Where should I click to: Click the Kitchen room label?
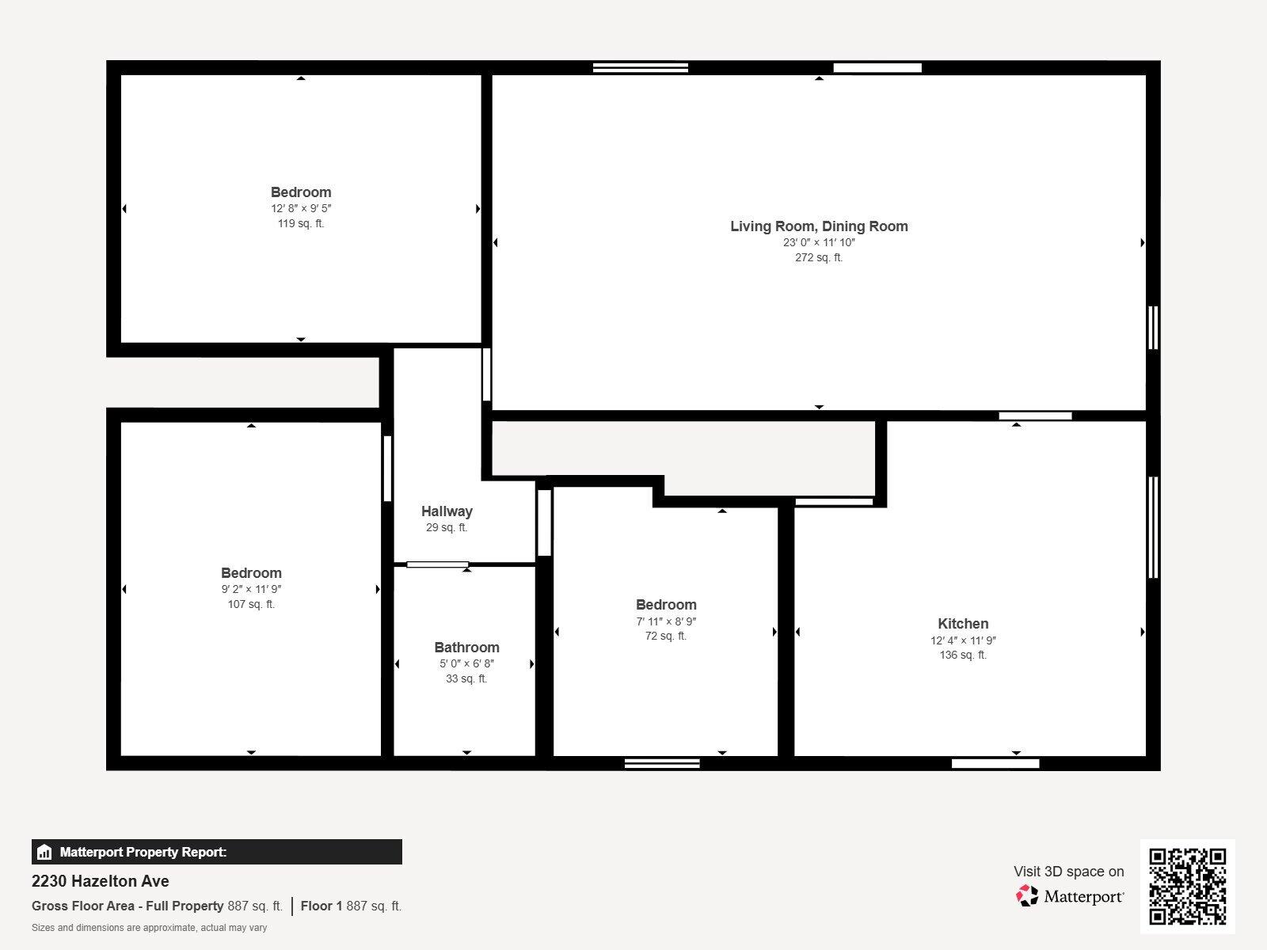click(x=963, y=624)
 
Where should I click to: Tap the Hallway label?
click(x=447, y=511)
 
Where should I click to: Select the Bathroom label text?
click(x=466, y=648)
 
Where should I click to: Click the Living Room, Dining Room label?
click(x=819, y=226)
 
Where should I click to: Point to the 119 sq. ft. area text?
click(x=300, y=224)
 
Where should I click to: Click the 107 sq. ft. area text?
click(x=251, y=605)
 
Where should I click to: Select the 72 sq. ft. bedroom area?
click(x=666, y=636)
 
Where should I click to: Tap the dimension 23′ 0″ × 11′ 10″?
click(x=819, y=243)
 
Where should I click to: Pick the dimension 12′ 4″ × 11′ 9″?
click(x=963, y=640)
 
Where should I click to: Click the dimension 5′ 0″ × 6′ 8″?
click(x=466, y=664)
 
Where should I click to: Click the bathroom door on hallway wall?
click(x=437, y=564)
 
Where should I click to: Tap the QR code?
click(x=1187, y=887)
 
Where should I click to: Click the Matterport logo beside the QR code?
click(x=1070, y=896)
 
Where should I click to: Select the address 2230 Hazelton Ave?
click(x=101, y=881)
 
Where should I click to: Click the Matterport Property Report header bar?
click(x=216, y=852)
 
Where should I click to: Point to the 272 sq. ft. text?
click(x=819, y=258)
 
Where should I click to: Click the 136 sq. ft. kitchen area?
click(x=963, y=655)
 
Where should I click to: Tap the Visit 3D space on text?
click(x=1068, y=872)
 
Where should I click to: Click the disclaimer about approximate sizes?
click(x=149, y=928)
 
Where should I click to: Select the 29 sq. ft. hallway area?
click(x=447, y=528)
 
